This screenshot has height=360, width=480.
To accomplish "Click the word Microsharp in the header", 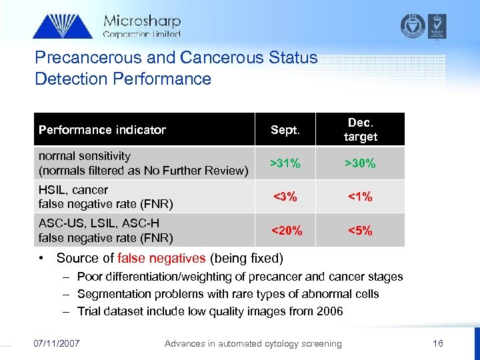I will click(141, 21).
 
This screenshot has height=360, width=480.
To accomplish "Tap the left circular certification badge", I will click(412, 25).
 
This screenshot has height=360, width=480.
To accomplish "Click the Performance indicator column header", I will click(102, 130).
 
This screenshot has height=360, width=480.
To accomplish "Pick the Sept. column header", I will click(285, 130).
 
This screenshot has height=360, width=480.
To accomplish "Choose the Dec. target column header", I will click(361, 129).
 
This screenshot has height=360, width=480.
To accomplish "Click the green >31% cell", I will click(285, 163).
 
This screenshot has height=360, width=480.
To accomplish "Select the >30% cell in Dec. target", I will click(360, 163).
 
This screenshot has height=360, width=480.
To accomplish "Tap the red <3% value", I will click(285, 197).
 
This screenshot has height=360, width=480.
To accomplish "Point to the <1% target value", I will click(360, 197).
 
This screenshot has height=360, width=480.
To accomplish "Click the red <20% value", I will click(285, 231).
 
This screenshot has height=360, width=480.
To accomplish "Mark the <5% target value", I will click(360, 231).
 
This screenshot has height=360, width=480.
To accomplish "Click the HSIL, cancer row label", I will click(73, 190).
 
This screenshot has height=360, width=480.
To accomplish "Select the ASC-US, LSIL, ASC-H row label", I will click(99, 223).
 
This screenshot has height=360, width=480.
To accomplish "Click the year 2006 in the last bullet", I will click(329, 311).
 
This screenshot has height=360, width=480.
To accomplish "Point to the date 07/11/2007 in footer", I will click(57, 343).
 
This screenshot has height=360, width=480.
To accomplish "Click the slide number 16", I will click(438, 343).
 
